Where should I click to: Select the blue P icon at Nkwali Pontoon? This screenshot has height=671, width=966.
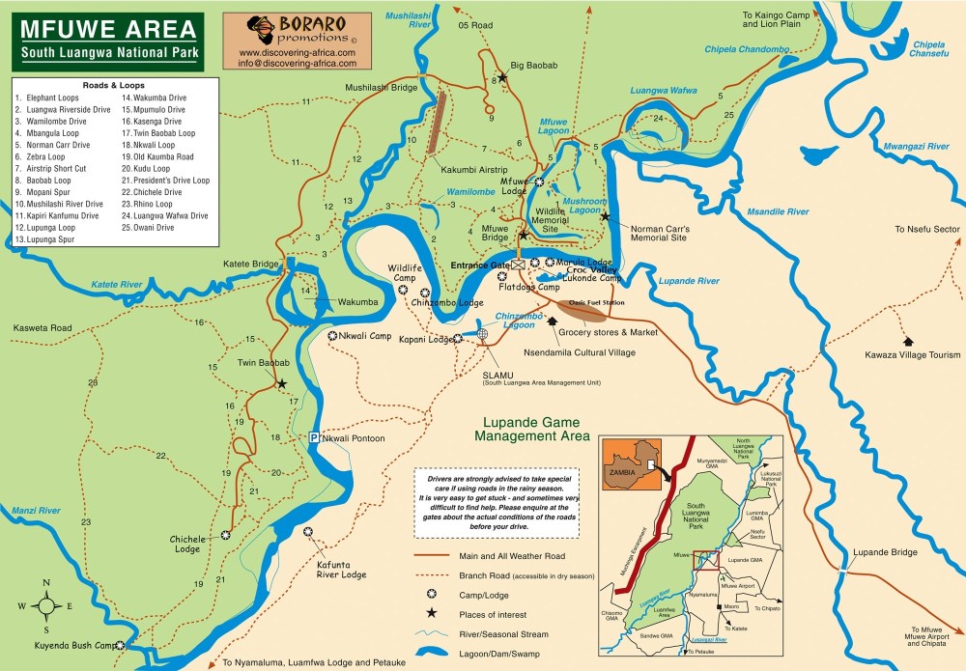coord(313,438)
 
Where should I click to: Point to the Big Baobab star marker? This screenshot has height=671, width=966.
coord(502,76)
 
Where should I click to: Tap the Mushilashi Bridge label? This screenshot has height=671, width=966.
coord(382,87)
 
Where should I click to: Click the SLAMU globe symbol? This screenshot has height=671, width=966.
coord(483,334)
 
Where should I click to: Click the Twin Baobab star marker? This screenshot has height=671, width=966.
coord(282,383)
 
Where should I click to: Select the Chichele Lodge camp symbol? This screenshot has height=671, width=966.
coord(225,534)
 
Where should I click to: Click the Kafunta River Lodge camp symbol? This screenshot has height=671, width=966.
coord(308,532)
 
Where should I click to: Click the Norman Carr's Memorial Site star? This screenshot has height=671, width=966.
coord(605,216)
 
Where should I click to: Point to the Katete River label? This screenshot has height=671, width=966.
coord(117,285)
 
